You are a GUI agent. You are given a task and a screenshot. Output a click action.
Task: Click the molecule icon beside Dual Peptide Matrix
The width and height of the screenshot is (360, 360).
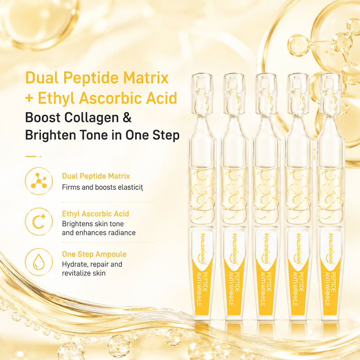point(39,181)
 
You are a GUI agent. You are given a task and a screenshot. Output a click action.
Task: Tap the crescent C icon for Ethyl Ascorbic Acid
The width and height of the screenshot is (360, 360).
point(39,221)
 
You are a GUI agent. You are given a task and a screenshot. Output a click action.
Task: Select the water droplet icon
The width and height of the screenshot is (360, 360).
point(39,262)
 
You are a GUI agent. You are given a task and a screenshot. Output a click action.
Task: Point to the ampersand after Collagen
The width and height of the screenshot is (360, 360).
point(127,117)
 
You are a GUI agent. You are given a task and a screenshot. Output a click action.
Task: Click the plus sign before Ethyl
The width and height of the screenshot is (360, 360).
point(29,98)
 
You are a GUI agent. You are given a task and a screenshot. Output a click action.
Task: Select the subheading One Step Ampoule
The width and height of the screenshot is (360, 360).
point(94,254)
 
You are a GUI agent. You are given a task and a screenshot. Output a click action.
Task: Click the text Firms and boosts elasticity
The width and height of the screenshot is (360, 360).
point(103,187)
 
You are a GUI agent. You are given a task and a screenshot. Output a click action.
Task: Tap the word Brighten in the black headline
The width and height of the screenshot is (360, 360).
point(50,135)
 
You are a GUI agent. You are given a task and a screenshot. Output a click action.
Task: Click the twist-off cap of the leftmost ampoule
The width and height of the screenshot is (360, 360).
point(202,94)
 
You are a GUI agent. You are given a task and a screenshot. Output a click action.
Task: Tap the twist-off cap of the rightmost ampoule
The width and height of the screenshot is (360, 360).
point(330,94)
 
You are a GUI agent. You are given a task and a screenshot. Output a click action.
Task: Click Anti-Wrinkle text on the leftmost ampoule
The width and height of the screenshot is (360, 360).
point(199,289)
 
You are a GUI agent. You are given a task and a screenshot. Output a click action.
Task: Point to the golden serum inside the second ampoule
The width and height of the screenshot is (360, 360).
point(234,195)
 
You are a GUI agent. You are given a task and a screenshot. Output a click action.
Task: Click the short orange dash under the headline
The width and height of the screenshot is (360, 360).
point(31,156)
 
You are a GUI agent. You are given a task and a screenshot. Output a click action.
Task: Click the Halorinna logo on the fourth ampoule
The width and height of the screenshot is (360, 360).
point(298,249)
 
